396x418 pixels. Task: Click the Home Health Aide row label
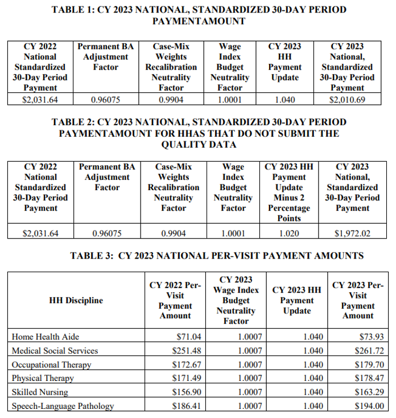point(42,337)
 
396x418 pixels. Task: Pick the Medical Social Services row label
point(55,350)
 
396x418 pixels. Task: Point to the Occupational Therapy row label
point(51,364)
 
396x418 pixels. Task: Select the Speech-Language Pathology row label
point(63,406)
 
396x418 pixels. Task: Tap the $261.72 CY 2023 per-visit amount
point(369,350)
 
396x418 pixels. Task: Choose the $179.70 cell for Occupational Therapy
point(369,364)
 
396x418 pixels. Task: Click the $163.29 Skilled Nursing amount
point(369,392)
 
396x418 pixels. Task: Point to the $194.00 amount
point(369,406)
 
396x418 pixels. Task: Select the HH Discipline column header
point(76,300)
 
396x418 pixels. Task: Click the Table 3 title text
point(217,256)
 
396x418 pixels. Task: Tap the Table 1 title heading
point(199,15)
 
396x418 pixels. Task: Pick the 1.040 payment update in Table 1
point(284,99)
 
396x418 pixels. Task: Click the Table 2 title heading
point(199,133)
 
